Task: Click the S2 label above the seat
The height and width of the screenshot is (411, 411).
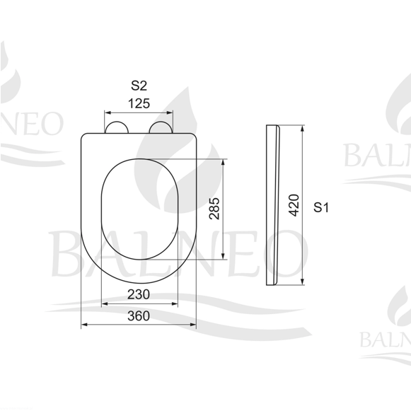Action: pyautogui.click(x=139, y=86)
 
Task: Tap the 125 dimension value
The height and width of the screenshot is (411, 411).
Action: pyautogui.click(x=139, y=103)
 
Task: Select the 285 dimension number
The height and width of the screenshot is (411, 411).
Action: pyautogui.click(x=214, y=209)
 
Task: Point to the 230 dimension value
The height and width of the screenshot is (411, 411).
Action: pyautogui.click(x=139, y=294)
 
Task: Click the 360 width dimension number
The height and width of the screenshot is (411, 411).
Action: pyautogui.click(x=139, y=316)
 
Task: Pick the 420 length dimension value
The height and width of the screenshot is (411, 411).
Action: pyautogui.click(x=294, y=205)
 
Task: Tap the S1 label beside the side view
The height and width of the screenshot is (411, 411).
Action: pyautogui.click(x=321, y=207)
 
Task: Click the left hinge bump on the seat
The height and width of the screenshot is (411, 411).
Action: pyautogui.click(x=117, y=127)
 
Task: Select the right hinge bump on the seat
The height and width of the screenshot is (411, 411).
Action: pyautogui.click(x=161, y=127)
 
